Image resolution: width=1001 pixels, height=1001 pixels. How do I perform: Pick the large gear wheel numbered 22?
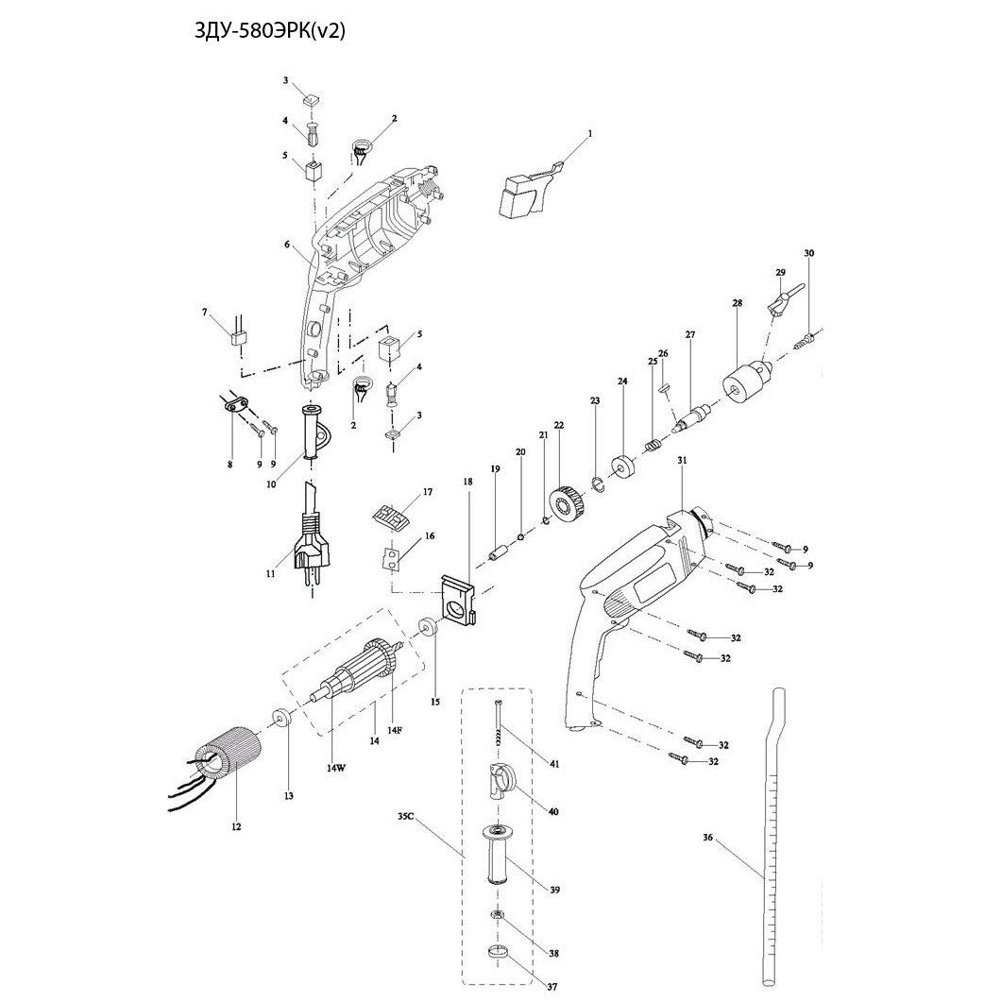point(568,504)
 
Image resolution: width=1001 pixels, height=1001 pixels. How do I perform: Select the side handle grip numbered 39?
point(498,855)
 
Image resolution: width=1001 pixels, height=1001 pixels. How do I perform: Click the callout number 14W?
point(336,767)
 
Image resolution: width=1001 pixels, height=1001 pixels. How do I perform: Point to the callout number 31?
point(682,460)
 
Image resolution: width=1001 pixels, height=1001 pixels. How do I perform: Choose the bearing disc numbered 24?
point(623,467)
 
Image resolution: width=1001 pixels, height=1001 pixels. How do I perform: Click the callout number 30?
point(809,253)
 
